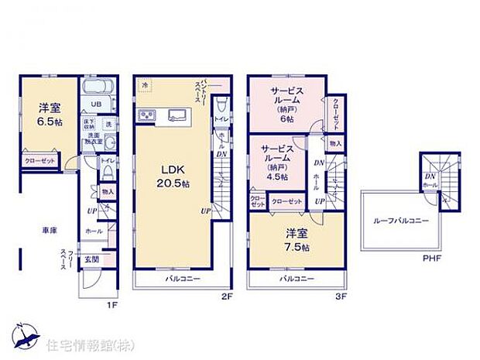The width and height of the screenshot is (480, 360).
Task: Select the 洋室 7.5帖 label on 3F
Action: pyautogui.click(x=295, y=241)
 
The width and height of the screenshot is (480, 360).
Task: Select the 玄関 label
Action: pyautogui.click(x=91, y=259)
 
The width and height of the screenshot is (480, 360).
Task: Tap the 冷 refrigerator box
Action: pyautogui.click(x=145, y=84)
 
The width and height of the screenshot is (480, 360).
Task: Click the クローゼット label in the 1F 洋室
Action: pyautogui.click(x=39, y=160)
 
